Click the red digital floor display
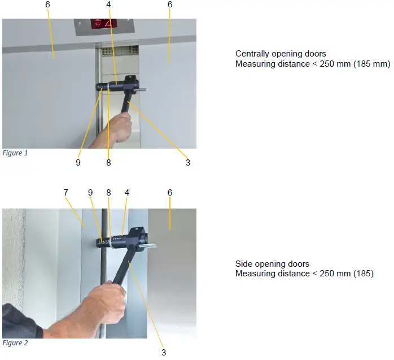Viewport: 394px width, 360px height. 104,24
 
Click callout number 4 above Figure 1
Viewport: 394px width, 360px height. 108,5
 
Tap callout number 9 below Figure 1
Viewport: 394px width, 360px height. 78,163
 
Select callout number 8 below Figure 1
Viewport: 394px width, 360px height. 108,163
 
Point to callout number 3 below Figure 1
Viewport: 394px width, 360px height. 188,163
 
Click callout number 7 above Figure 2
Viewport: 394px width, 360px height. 66,193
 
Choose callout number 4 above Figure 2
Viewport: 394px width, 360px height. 126,193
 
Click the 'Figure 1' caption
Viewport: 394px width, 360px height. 15,153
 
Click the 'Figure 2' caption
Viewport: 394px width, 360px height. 15,342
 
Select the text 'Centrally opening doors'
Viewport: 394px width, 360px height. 281,54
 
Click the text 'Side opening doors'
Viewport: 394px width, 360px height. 272,264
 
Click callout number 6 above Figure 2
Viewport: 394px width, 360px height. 170,193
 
